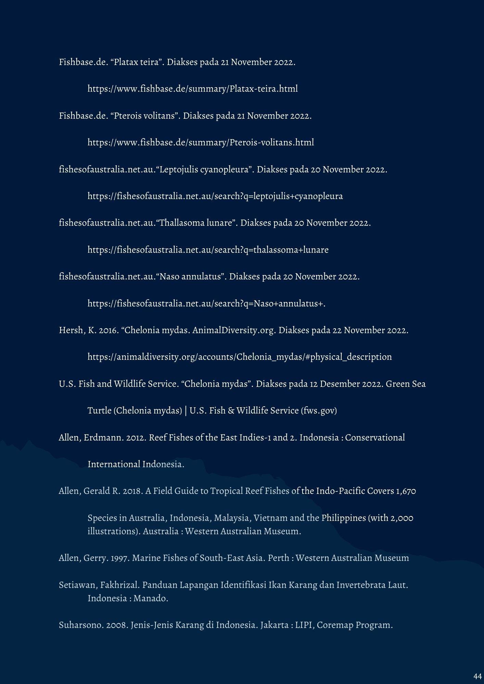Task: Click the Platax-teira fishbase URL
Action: tap(192, 89)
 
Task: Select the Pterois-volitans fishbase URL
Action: tap(201, 142)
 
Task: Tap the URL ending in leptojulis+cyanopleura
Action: tap(215, 196)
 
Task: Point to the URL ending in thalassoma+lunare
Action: tap(208, 250)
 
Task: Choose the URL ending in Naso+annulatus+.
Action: tap(206, 304)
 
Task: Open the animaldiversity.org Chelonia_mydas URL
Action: tap(239, 357)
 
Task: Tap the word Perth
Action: tap(278, 558)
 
